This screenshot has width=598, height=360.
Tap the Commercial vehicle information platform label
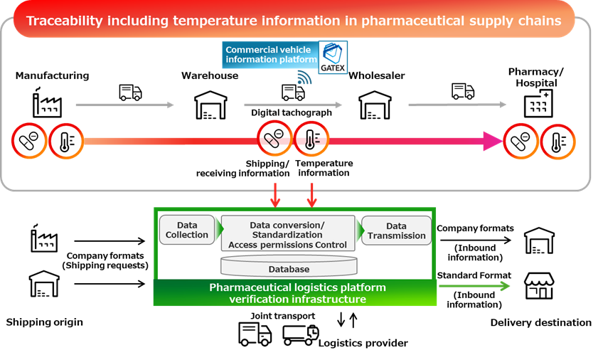tap(270, 55)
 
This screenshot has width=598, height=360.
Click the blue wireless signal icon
tap(304, 78)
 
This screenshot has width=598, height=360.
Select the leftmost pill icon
tap(29, 140)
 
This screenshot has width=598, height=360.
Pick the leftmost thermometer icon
tap(66, 140)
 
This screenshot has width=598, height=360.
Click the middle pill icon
tap(274, 139)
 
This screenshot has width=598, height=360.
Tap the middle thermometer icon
tap(311, 139)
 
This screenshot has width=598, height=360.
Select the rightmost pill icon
tap(520, 141)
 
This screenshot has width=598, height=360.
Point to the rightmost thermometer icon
tap(557, 141)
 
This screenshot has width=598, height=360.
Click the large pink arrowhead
tap(492, 141)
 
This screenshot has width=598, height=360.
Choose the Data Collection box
tap(187, 230)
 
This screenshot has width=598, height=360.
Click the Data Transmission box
tap(396, 231)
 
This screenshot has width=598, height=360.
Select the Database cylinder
tap(289, 268)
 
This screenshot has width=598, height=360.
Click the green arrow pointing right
tap(474, 286)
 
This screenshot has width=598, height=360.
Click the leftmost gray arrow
tap(124, 105)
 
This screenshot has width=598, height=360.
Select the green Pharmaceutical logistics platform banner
tap(295, 293)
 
